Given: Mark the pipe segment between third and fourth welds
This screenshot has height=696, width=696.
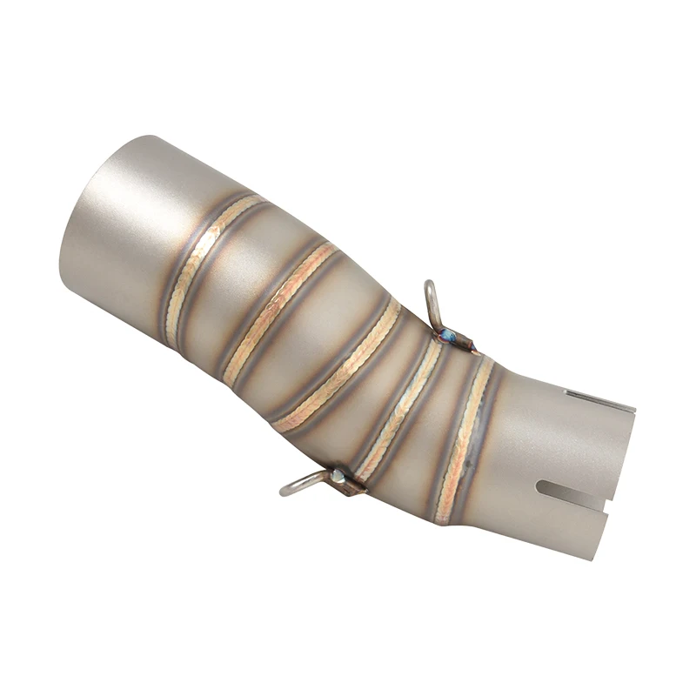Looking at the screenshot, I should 374,383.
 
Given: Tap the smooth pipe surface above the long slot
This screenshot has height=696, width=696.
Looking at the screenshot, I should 557,435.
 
